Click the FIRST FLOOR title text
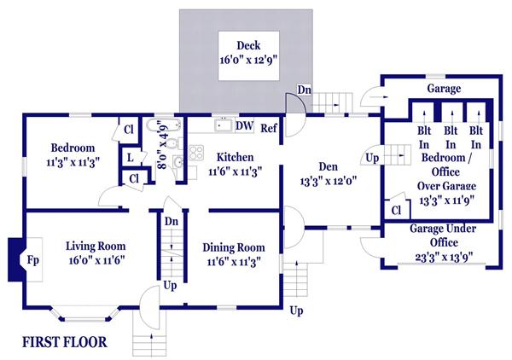coord(65,342)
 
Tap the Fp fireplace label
coord(33,260)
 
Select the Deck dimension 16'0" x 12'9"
coord(249,60)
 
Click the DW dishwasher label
coord(245,125)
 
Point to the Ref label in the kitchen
coord(269,128)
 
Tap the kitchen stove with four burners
coord(196,153)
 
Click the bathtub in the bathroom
coord(164,125)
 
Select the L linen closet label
coord(131,158)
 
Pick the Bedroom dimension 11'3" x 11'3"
coord(73,162)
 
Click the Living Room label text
coord(96,246)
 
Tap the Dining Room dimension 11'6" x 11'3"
coord(234,262)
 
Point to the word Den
coord(328,166)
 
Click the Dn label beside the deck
coord(305,90)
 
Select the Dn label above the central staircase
coord(172,221)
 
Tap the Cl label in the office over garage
coord(396,210)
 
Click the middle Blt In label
coord(451,137)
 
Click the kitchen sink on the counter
coord(224,125)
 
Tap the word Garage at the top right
coord(444,89)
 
